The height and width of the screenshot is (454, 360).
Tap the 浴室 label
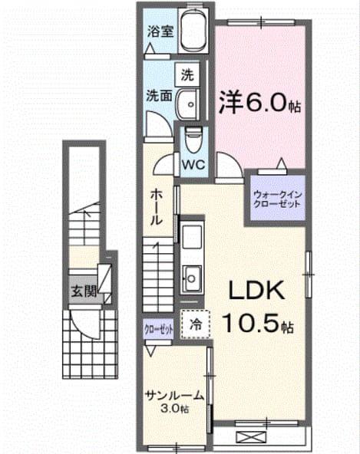[160, 31]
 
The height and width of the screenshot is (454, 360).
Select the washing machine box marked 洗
[187, 75]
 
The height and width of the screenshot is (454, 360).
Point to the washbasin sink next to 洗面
[187, 104]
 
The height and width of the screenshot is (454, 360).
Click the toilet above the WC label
[192, 140]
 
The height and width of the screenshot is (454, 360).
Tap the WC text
[193, 166]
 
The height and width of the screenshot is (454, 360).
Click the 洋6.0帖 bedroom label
[259, 103]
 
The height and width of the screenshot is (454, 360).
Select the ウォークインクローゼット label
[277, 199]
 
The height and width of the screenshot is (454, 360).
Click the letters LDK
[256, 291]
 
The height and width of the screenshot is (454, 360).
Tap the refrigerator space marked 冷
[195, 324]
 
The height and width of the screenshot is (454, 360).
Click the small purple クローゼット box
[159, 329]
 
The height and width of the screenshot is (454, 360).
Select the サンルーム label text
[174, 396]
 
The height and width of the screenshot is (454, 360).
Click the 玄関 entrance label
[84, 291]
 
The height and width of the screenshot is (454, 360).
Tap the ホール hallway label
[157, 207]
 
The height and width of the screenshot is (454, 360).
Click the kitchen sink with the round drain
[192, 278]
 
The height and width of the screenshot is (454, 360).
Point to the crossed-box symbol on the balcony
[251, 436]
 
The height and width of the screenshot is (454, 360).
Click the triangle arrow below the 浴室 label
[150, 48]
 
